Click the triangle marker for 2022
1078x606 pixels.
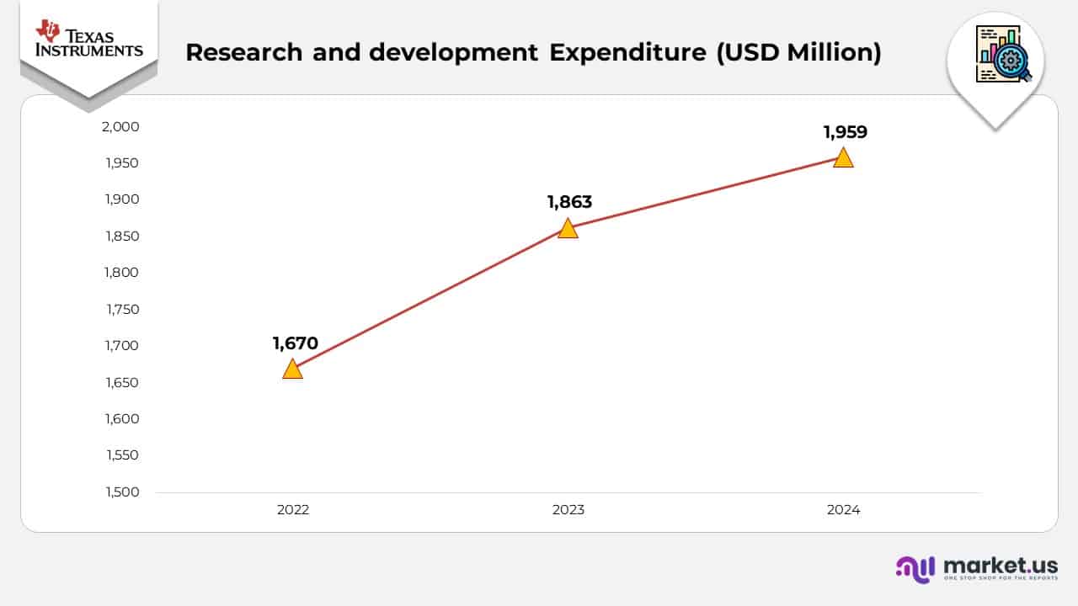(x=292, y=369)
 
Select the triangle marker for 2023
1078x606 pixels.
(x=568, y=229)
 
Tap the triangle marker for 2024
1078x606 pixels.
(x=843, y=157)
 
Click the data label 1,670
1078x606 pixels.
(x=295, y=343)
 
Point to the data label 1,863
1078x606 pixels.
(x=569, y=202)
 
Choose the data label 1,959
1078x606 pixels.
(x=845, y=132)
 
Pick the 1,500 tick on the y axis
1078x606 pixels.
(x=122, y=492)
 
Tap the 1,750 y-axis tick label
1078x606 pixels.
(x=122, y=310)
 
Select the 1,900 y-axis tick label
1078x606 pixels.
(x=122, y=199)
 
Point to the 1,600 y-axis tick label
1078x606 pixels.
(x=122, y=419)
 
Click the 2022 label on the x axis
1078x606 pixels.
(x=293, y=510)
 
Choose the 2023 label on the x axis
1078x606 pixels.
(x=568, y=510)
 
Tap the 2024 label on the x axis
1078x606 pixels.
(x=843, y=510)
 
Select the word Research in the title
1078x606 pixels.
(x=243, y=52)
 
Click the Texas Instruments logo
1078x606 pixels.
(x=88, y=40)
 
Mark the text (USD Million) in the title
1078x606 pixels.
(x=798, y=52)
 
